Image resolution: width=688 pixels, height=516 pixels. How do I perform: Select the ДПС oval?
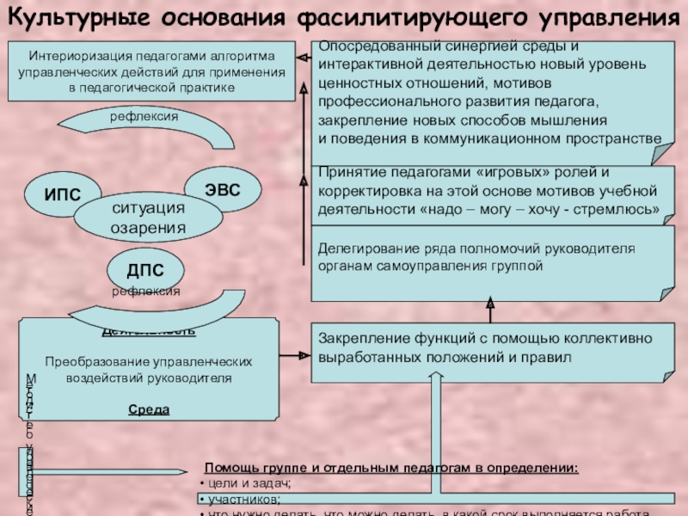[x=144, y=271]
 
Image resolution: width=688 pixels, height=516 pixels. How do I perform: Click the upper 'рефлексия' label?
[x=143, y=114]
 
